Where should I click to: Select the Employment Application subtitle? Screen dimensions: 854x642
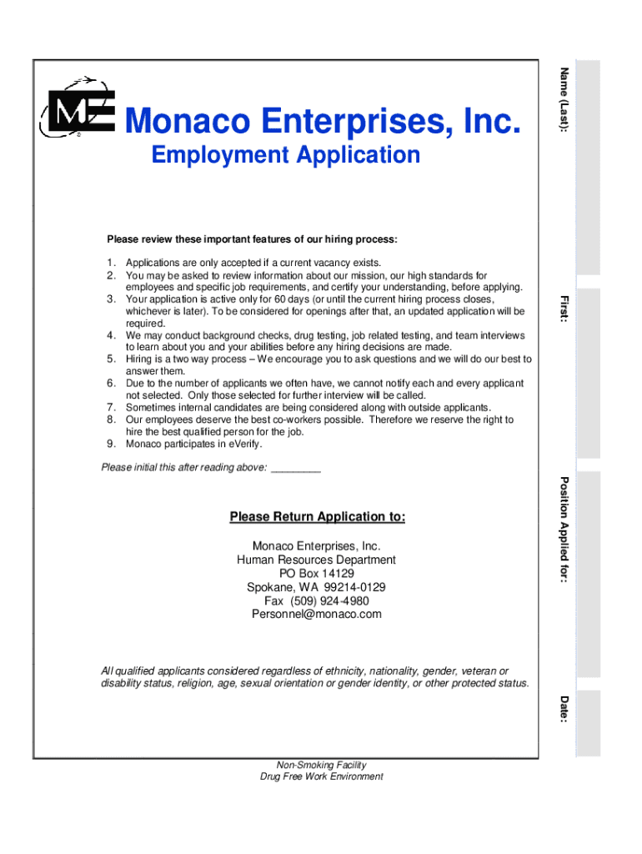coord(286,155)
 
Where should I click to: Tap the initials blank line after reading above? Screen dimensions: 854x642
coord(296,468)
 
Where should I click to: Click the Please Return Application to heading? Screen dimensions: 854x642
coord(318,517)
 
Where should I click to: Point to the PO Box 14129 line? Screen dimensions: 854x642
coord(316,574)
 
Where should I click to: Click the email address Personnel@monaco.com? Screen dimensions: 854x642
coord(316,614)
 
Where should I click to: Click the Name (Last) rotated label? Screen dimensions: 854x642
coord(564,101)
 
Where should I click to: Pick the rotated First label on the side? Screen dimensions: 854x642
coord(564,309)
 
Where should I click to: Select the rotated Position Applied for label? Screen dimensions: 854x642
coord(564,530)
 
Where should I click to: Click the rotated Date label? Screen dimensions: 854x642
coord(564,709)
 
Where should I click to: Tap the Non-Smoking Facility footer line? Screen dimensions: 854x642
coord(321,765)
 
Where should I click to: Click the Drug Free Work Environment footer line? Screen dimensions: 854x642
coord(321,776)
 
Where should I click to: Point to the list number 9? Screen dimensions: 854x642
coord(110,444)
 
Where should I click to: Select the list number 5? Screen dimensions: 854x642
coord(110,359)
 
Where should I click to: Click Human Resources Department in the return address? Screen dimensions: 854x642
coord(316,560)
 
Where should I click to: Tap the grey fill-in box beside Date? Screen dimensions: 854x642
coord(589,722)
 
